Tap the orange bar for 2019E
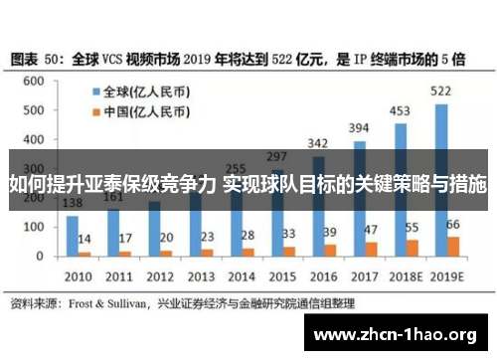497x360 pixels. [x=453, y=246]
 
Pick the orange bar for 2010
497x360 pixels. [x=84, y=254]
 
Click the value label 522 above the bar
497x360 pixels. [x=440, y=91]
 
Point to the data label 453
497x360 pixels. [x=401, y=110]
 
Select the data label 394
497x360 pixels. [x=360, y=128]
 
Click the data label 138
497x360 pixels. [x=73, y=204]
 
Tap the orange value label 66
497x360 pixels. [x=453, y=225]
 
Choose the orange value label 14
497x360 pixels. [x=85, y=240]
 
